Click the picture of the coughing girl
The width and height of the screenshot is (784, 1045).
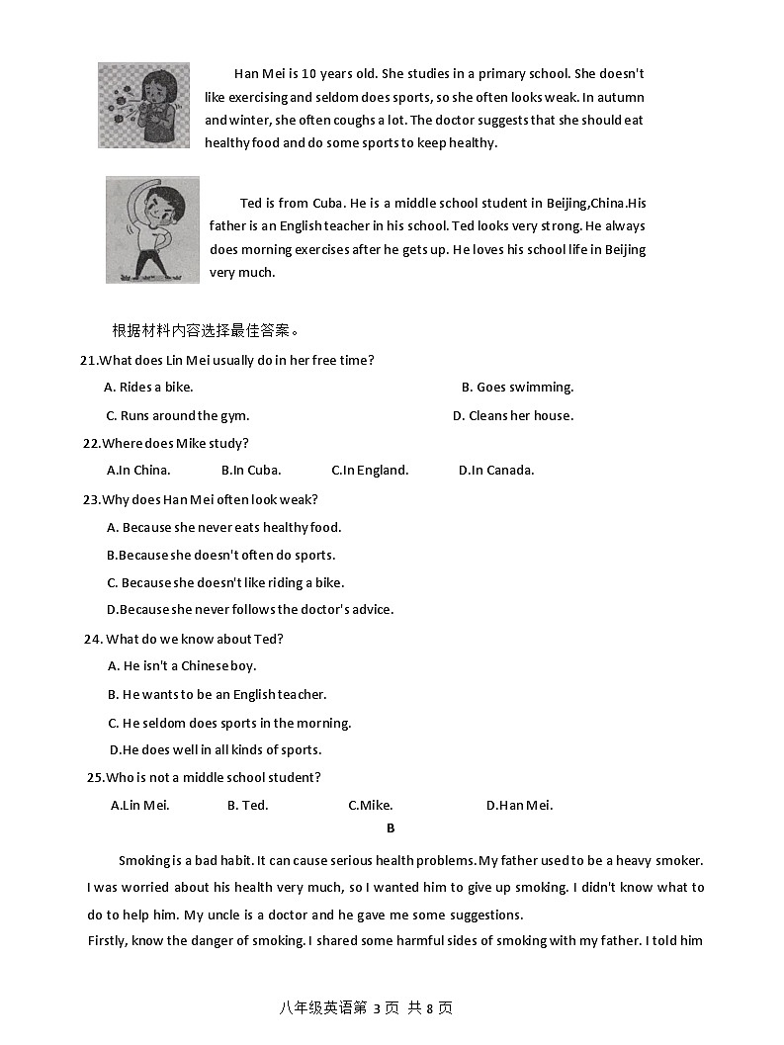click(143, 106)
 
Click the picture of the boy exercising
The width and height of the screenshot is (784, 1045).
click(152, 229)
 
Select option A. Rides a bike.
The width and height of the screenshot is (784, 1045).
click(148, 388)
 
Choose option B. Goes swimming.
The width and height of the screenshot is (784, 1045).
click(517, 388)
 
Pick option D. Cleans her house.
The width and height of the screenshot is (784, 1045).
click(512, 416)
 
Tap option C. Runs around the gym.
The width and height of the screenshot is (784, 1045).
click(178, 416)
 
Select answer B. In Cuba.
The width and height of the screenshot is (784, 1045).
click(251, 471)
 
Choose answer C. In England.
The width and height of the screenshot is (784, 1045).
click(370, 471)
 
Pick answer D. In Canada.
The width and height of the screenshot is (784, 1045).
click(496, 471)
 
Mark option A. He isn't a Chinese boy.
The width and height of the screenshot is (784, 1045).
click(182, 666)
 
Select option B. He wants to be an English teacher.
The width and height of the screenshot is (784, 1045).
click(217, 695)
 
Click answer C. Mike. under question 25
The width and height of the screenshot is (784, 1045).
click(371, 806)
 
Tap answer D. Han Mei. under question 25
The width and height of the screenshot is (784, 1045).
click(519, 806)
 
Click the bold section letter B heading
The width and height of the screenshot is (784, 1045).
click(391, 828)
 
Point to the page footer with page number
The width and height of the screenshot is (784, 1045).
click(366, 1008)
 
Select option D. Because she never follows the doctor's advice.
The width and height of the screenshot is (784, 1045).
click(250, 610)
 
